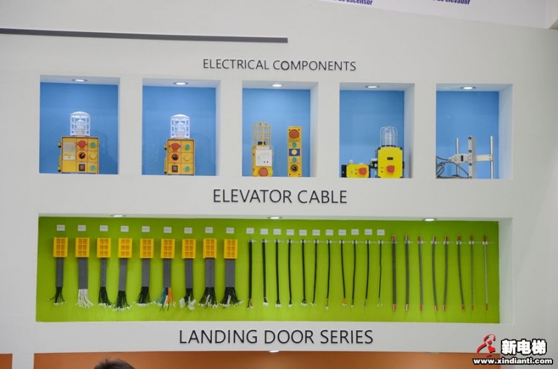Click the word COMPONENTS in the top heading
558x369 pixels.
(x=315, y=66)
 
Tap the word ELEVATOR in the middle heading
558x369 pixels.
(x=252, y=196)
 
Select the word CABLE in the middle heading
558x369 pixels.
(x=322, y=196)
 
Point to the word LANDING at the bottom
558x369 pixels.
(x=218, y=336)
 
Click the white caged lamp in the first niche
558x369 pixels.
(x=80, y=123)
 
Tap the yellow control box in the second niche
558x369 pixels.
(x=180, y=156)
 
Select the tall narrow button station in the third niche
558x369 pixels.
(x=294, y=151)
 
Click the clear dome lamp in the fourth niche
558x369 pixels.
(x=389, y=136)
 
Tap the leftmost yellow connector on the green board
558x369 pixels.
(x=61, y=248)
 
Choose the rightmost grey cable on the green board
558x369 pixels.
(x=485, y=272)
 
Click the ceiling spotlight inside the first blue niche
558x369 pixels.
(x=79, y=80)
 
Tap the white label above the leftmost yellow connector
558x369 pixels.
(x=61, y=227)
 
